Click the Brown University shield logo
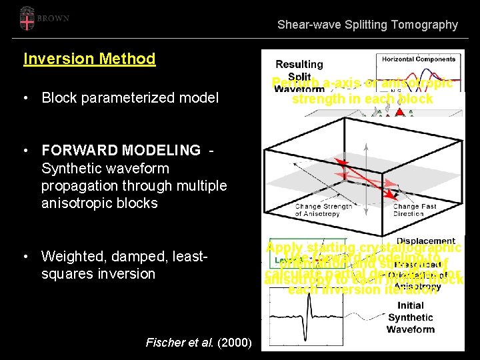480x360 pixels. (x=27, y=19)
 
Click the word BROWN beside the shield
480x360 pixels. (x=53, y=19)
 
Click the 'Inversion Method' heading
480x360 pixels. (x=89, y=59)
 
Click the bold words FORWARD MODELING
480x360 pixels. (x=121, y=151)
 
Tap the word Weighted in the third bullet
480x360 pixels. (x=71, y=256)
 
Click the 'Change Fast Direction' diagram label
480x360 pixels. (x=415, y=210)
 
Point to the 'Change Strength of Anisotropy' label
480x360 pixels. (x=323, y=210)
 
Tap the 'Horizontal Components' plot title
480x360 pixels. (x=419, y=59)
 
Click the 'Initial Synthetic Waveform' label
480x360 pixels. (x=410, y=317)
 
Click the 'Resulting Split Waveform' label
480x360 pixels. (x=299, y=75)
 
